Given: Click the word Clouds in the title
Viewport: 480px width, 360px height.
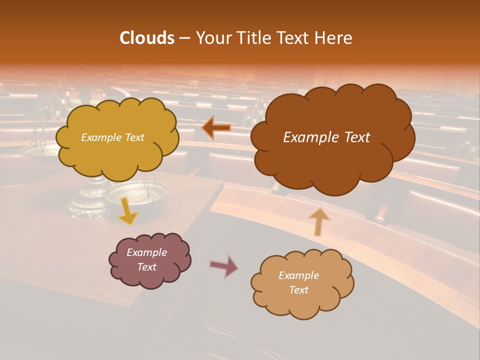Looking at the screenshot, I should coord(147,38).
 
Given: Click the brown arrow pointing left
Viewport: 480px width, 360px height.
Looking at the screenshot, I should coord(216,128).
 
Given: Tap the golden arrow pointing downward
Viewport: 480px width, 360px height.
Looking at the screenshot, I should coord(128,210).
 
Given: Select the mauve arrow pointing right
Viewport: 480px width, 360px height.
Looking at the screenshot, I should coord(224,265).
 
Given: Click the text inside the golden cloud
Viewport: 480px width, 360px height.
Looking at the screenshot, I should coord(112,137).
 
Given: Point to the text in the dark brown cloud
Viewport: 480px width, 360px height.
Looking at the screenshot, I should coord(326,137).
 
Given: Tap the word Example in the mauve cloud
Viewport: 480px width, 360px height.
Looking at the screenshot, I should coord(146,252).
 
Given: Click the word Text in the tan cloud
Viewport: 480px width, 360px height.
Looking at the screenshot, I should coord(298,290).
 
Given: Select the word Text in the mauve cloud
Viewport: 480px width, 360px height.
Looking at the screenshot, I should coord(146,267).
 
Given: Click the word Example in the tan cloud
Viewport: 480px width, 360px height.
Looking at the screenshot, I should coord(298,275).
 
